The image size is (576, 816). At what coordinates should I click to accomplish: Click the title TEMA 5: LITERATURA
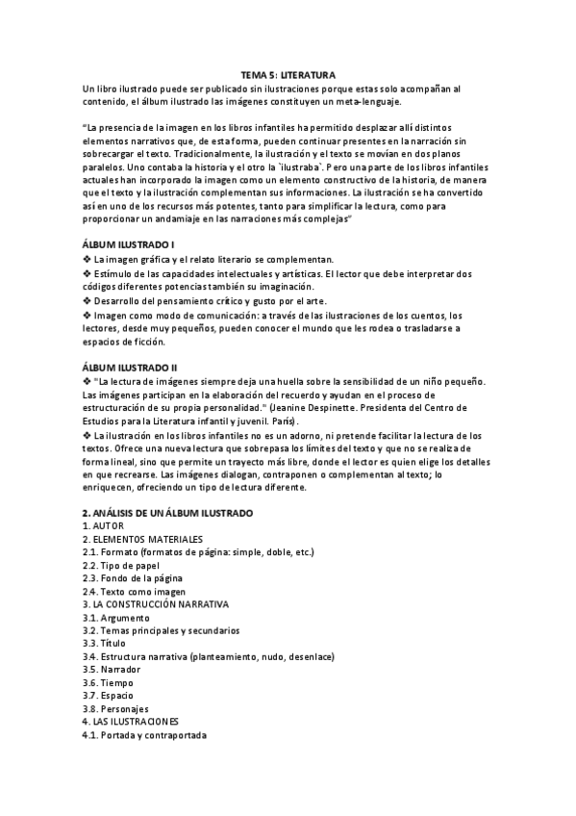288,74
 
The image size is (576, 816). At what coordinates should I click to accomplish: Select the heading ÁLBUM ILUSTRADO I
121,245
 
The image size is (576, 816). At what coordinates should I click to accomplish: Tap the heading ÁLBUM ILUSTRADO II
122,368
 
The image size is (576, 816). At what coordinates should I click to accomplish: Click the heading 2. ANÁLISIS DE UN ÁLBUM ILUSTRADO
167,514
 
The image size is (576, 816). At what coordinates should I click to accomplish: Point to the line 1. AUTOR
101,526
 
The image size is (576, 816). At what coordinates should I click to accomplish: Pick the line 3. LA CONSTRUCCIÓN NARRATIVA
156,604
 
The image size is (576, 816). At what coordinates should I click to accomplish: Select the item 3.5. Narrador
112,669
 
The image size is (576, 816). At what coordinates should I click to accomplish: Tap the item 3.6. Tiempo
108,682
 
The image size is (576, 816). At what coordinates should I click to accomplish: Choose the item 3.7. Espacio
109,695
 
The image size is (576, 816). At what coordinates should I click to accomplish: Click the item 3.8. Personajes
116,708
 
